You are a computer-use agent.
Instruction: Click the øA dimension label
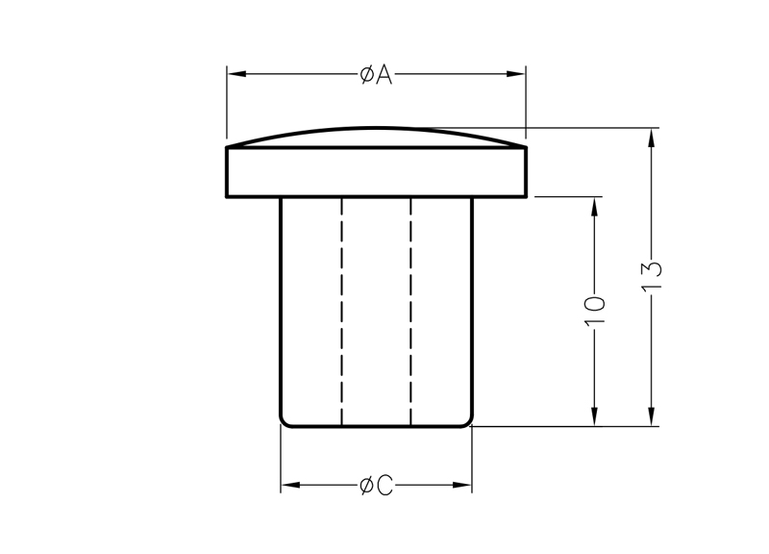click(x=376, y=75)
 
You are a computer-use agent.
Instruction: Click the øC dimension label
click(x=376, y=487)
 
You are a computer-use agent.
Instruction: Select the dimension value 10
click(x=596, y=310)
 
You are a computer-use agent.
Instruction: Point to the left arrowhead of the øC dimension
click(x=287, y=487)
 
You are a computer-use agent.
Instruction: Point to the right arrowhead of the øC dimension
click(x=465, y=487)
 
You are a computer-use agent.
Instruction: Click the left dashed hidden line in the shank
click(x=342, y=308)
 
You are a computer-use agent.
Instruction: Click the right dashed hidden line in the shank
click(x=410, y=308)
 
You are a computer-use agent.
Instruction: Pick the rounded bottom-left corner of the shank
click(x=284, y=421)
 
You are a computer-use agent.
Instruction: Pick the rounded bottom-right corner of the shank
click(x=468, y=421)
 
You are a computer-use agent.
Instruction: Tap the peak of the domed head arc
click(x=376, y=127)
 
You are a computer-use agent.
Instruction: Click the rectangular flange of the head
click(x=376, y=172)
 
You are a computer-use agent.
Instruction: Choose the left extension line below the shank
click(x=281, y=462)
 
